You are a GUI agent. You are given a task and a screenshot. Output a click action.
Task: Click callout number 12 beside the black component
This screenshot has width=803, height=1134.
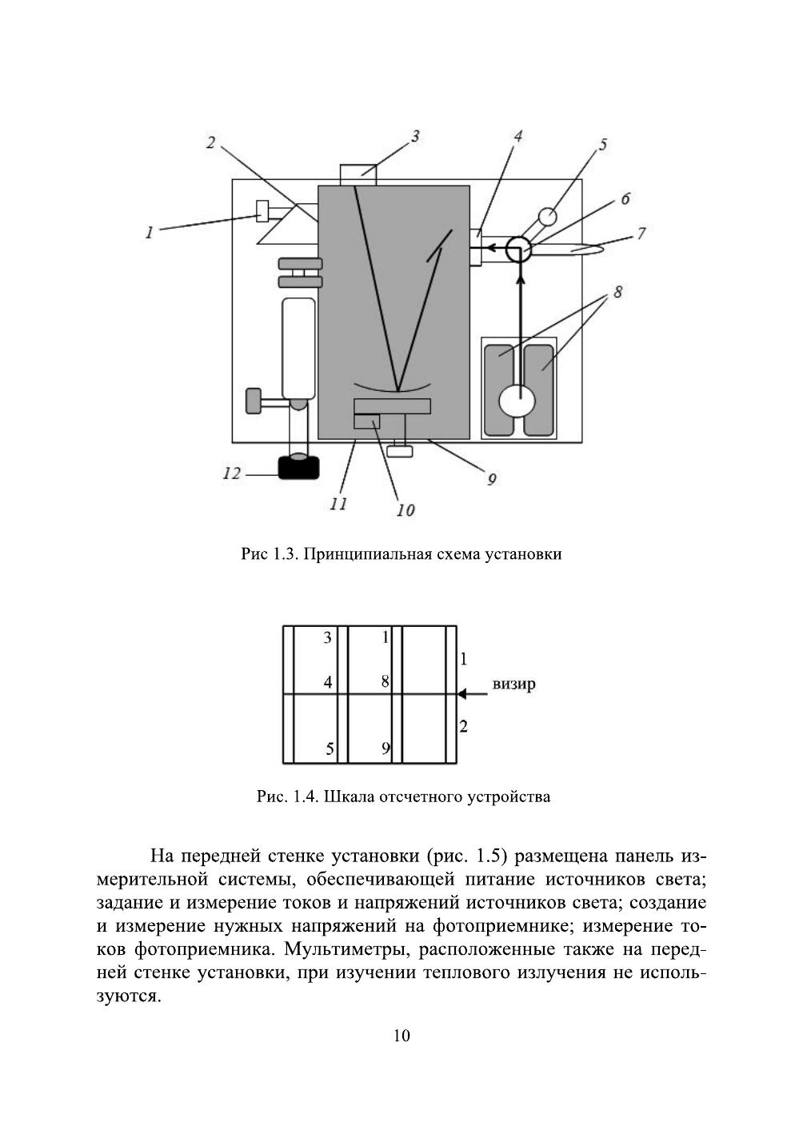(231, 474)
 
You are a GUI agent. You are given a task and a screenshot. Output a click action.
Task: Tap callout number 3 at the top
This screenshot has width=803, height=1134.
(415, 137)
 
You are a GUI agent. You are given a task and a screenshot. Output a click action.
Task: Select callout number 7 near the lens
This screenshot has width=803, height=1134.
(640, 234)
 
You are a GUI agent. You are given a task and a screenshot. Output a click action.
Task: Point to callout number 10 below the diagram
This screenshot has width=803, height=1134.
(405, 509)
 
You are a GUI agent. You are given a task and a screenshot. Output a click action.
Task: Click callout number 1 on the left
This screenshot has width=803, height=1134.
(149, 233)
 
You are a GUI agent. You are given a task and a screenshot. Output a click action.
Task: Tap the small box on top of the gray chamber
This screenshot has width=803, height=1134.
(358, 174)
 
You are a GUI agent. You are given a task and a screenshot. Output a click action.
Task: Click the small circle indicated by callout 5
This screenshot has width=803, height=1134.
(547, 217)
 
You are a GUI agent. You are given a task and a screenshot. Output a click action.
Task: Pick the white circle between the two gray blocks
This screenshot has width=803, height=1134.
(519, 400)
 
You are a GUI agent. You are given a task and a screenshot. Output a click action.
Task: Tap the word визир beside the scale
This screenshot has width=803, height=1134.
(513, 685)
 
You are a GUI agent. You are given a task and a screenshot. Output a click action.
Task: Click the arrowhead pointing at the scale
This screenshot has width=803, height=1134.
(461, 694)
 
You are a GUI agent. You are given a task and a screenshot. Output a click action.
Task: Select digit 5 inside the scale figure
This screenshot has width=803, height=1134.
(329, 749)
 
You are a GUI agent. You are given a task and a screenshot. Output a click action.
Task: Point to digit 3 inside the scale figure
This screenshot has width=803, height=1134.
(327, 637)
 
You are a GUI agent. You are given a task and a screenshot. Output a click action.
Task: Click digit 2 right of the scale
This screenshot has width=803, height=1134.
(464, 727)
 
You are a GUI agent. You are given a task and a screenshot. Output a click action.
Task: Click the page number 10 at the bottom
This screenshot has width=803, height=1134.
(401, 1036)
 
